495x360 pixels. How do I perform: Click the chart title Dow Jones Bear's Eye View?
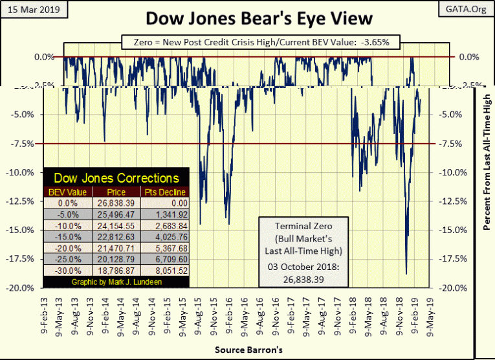(248, 18)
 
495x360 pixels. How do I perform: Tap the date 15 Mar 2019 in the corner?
(30, 10)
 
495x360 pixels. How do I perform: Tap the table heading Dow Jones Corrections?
(116, 177)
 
